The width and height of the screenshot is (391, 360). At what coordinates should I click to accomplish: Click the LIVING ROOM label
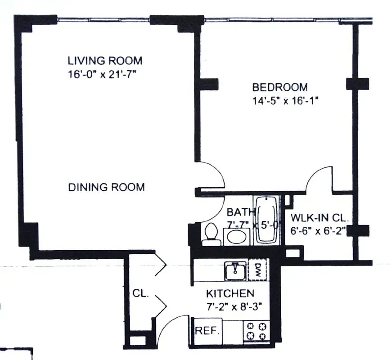pyautogui.click(x=105, y=60)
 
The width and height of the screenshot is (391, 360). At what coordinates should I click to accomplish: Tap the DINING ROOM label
pyautogui.click(x=107, y=187)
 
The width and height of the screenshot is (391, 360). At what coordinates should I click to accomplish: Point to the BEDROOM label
pyautogui.click(x=279, y=87)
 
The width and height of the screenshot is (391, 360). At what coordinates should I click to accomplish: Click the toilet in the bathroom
pyautogui.click(x=210, y=234)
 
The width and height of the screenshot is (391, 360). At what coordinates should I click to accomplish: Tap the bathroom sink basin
pyautogui.click(x=236, y=235)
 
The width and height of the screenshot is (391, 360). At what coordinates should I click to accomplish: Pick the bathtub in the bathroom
pyautogui.click(x=267, y=220)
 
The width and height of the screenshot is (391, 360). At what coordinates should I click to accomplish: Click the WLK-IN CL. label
pyautogui.click(x=319, y=218)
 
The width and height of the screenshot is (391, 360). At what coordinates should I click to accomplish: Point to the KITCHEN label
pyautogui.click(x=230, y=294)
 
